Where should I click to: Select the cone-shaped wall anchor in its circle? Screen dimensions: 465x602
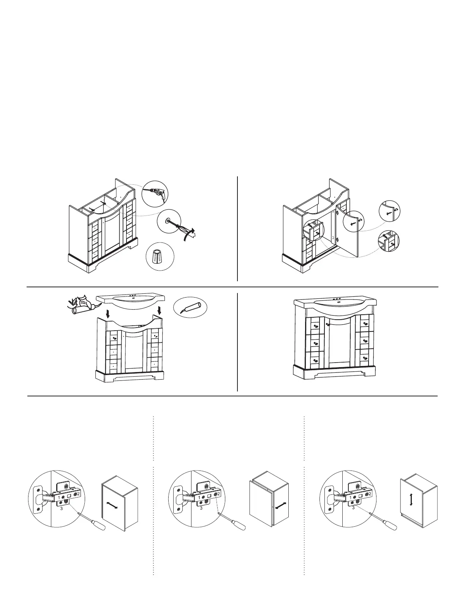[x=160, y=257]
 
